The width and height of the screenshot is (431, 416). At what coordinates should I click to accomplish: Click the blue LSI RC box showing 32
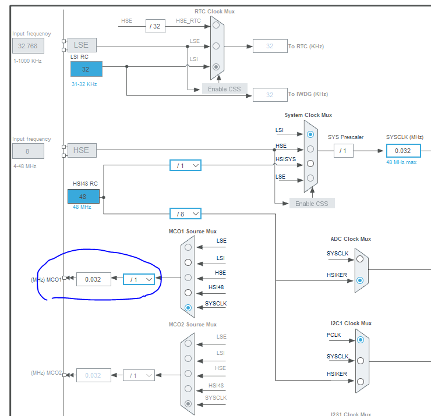click(86, 69)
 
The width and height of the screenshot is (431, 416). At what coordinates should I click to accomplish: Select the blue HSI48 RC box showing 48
click(83, 197)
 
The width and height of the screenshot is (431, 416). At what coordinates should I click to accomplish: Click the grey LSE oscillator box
click(82, 45)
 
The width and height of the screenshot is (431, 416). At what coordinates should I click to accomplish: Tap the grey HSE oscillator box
click(81, 150)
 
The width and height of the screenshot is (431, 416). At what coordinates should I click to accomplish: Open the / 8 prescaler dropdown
click(185, 214)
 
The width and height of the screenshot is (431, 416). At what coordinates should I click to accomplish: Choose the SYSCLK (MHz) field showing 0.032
click(403, 151)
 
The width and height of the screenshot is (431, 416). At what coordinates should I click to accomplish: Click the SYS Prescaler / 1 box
click(343, 151)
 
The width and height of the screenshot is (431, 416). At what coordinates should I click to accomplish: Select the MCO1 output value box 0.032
click(93, 279)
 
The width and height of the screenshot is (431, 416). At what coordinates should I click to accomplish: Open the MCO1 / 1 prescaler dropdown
click(139, 279)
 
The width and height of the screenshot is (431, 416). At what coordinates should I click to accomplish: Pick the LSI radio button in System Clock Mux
click(310, 134)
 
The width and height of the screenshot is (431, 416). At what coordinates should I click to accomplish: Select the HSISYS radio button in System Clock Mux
click(310, 163)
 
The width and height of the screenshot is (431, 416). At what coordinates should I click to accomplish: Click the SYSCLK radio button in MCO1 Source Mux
click(188, 307)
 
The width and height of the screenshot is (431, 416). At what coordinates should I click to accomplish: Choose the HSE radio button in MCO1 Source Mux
click(188, 277)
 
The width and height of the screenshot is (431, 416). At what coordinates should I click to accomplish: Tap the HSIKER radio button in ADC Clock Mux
click(360, 280)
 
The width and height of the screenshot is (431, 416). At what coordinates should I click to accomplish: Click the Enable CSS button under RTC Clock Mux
click(225, 89)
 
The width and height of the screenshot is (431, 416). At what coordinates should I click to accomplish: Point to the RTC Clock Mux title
click(214, 11)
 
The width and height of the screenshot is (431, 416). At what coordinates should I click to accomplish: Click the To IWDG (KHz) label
click(308, 94)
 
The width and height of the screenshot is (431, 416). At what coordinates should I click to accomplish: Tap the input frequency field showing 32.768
click(28, 45)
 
